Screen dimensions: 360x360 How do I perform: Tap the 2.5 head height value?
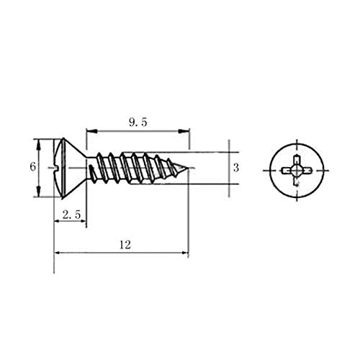click(x=70, y=215)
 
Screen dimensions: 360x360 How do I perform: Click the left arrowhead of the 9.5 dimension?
click(x=89, y=131)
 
